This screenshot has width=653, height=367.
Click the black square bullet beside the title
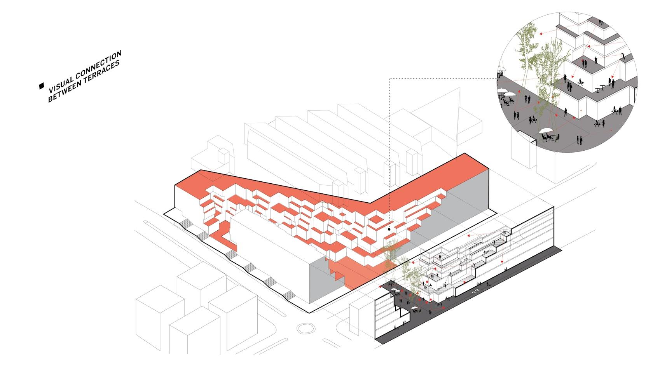(41, 86)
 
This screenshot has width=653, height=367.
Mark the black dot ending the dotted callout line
(389, 230)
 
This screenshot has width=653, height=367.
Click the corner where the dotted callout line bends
(389, 78)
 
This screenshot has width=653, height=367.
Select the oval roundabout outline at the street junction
(306, 328)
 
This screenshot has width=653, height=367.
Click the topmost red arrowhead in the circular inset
(540, 34)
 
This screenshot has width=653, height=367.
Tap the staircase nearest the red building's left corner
(187, 224)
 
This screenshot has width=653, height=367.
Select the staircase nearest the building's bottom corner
(288, 295)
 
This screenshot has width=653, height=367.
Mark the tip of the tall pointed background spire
(460, 87)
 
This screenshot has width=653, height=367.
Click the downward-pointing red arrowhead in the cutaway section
(502, 262)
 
